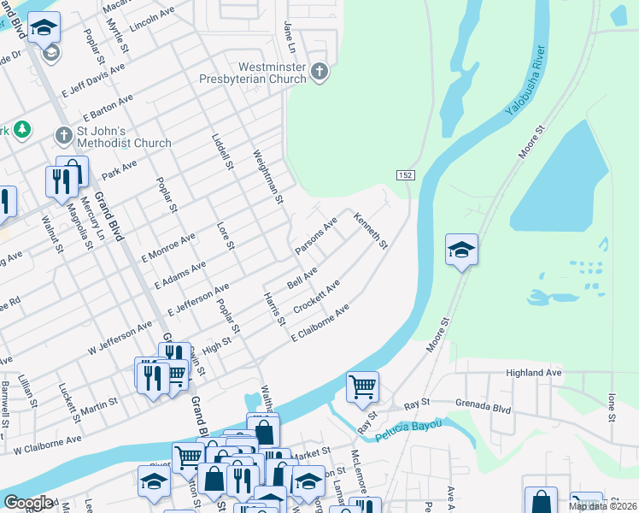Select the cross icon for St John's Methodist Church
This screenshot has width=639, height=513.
click(x=63, y=135)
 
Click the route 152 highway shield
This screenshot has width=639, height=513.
click(x=406, y=174)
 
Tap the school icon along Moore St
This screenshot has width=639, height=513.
click(x=461, y=250)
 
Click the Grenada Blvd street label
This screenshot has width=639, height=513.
click(x=483, y=409)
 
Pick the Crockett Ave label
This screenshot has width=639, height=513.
click(x=317, y=295)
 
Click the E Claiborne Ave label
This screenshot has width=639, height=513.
click(x=320, y=322)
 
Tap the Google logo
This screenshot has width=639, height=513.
click(x=27, y=503)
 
